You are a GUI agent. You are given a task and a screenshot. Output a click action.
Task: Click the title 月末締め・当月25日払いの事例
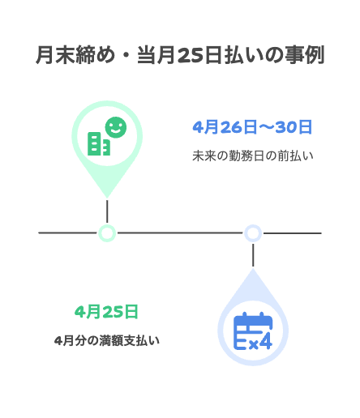(x=180, y=55)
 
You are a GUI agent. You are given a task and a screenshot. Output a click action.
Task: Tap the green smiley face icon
(x=116, y=127)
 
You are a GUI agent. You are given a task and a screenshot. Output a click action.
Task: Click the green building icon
(x=99, y=143)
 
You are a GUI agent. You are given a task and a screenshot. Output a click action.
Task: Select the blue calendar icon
(x=253, y=331)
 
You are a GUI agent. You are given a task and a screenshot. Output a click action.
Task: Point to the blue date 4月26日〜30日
(x=252, y=127)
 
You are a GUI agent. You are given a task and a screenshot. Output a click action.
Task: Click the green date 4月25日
(x=106, y=312)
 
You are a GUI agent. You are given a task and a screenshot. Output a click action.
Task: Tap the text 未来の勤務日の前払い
(x=253, y=156)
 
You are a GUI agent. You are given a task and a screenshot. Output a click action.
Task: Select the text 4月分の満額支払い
(x=107, y=340)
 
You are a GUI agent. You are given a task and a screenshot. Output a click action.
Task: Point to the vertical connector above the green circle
(x=107, y=211)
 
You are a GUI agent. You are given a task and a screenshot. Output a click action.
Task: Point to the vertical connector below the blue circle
(x=253, y=255)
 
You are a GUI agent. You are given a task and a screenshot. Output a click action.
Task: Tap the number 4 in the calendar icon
(x=266, y=342)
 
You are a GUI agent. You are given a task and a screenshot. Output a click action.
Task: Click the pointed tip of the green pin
(x=107, y=198)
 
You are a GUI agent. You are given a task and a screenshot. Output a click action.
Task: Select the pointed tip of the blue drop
(x=253, y=268)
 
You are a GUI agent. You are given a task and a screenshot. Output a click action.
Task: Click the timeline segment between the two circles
(x=180, y=232)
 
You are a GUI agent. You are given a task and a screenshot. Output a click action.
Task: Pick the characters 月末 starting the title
(x=55, y=55)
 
